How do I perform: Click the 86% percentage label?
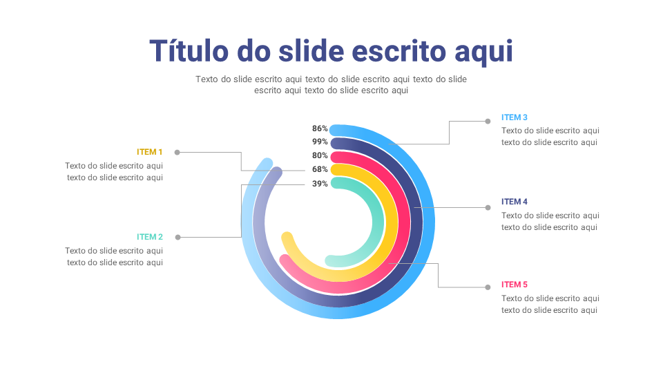(320, 128)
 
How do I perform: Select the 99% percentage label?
(320, 142)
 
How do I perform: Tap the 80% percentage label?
(320, 155)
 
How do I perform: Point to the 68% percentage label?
(320, 169)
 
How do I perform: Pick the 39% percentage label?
(320, 184)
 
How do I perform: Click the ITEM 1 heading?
(150, 152)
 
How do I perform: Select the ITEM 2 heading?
(150, 237)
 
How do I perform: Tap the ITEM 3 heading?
(515, 117)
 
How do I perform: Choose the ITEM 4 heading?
(515, 202)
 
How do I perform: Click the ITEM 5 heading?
(515, 285)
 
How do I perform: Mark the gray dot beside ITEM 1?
(177, 152)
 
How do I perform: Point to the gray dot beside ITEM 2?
(177, 237)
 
